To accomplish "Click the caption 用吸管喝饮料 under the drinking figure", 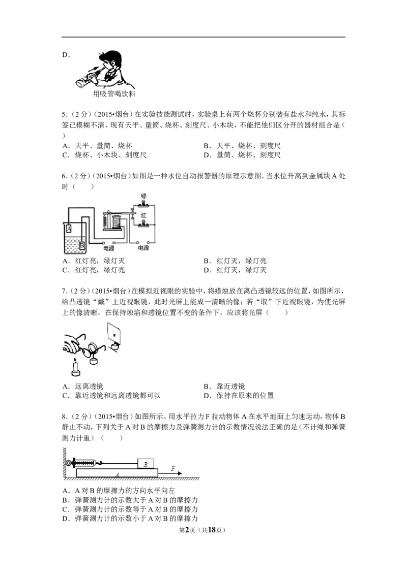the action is point(114,94).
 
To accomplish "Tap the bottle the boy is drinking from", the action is point(88,78).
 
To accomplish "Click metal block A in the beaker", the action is point(68,229).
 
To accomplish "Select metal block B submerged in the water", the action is point(81,245).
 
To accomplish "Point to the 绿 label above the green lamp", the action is point(143,196).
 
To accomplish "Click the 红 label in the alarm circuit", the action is point(143,215).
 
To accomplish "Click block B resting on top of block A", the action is point(146,464).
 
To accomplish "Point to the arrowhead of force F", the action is point(180,473).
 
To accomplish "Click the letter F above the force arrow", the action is point(173,468).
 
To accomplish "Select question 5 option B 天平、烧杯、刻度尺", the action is point(243,146).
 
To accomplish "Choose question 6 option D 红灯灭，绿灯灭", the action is point(236,270).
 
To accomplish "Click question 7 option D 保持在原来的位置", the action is point(239,396).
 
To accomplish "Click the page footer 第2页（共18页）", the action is point(202,530).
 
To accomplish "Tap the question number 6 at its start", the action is point(65,176).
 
